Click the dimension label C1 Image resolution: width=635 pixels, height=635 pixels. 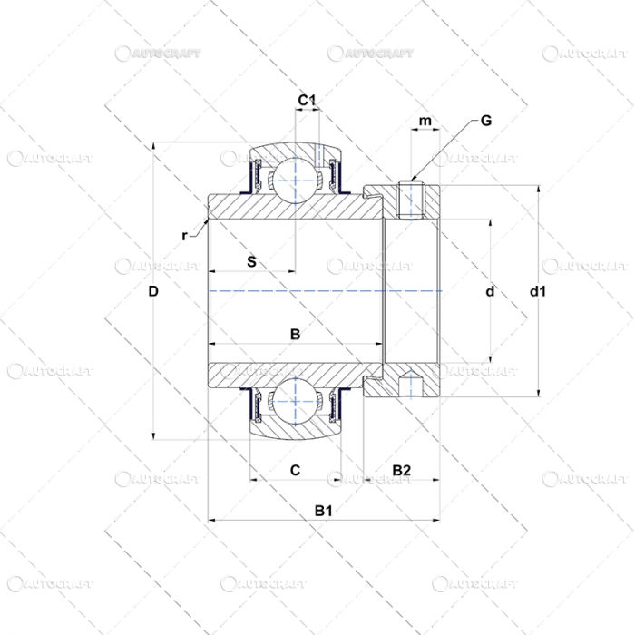pyautogui.click(x=307, y=100)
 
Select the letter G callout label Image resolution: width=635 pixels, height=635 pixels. pyautogui.click(x=485, y=121)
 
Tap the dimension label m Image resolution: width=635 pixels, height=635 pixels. pyautogui.click(x=425, y=122)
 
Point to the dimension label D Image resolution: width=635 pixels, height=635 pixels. pyautogui.click(x=153, y=291)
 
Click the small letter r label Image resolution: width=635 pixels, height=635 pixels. pyautogui.click(x=184, y=236)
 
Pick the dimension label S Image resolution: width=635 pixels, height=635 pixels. pyautogui.click(x=251, y=262)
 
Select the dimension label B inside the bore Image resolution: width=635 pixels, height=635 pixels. pyautogui.click(x=294, y=335)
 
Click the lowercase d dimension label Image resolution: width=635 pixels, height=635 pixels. pyautogui.click(x=490, y=291)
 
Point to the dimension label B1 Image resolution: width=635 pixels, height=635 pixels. pyautogui.click(x=324, y=511)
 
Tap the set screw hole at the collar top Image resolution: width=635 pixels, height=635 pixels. pyautogui.click(x=411, y=200)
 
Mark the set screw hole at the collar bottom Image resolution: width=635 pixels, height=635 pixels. pyautogui.click(x=411, y=386)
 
